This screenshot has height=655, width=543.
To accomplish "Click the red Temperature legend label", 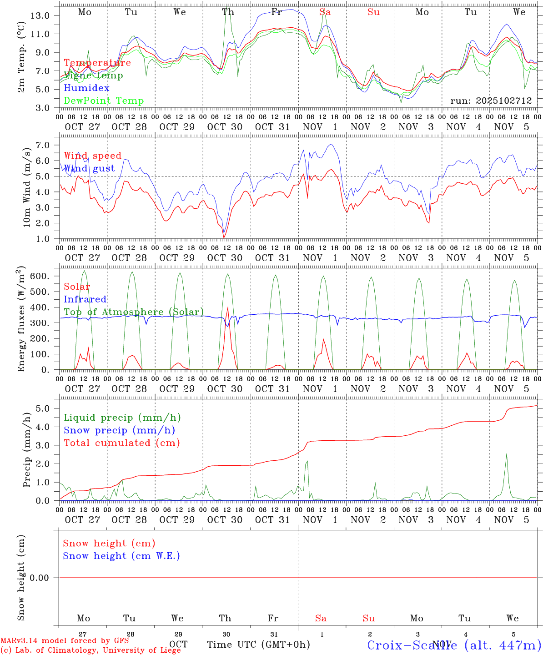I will pyautogui.click(x=97, y=63).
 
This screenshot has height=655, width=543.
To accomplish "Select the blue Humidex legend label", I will pyautogui.click(x=86, y=88).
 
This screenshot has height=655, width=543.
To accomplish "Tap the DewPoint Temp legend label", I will pyautogui.click(x=104, y=101).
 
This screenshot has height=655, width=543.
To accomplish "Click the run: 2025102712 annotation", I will pyautogui.click(x=491, y=101).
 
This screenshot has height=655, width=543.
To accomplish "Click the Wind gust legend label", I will pyautogui.click(x=89, y=168).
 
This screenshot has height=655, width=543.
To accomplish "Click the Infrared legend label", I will pyautogui.click(x=85, y=299).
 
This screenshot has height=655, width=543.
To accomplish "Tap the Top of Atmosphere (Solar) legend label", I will pyautogui.click(x=134, y=312).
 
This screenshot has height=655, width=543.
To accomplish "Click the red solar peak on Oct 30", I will pyautogui.click(x=227, y=307).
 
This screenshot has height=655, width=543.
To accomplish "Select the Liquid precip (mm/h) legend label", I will pyautogui.click(x=122, y=418).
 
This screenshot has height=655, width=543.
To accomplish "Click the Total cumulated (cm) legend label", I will pyautogui.click(x=121, y=443).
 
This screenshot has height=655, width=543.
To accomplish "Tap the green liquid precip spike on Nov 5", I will pyautogui.click(x=506, y=454).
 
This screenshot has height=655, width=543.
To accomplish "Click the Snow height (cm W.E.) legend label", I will pyautogui.click(x=121, y=556).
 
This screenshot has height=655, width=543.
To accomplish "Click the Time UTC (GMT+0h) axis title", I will pyautogui.click(x=258, y=645).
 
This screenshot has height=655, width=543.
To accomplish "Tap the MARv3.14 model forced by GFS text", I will pyautogui.click(x=65, y=640).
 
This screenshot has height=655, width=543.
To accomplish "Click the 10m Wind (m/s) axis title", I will pyautogui.click(x=27, y=187).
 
